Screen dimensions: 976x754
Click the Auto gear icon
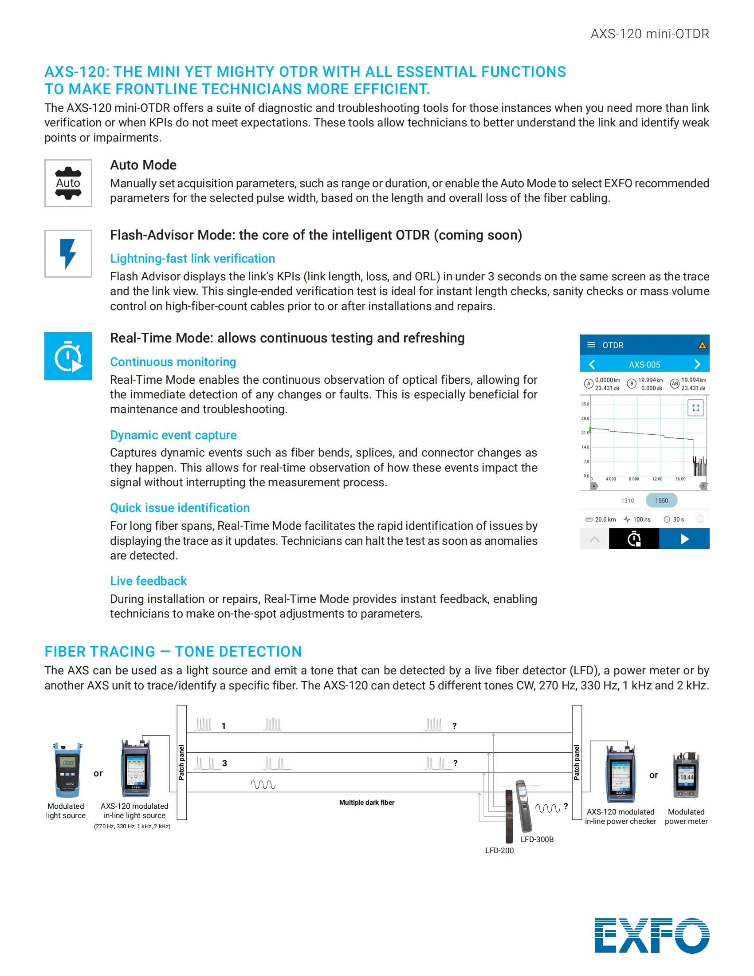coord(68,183)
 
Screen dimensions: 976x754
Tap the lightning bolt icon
coord(68,253)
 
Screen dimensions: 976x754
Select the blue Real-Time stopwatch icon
coord(68,356)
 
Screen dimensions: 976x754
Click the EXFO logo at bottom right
coord(651,935)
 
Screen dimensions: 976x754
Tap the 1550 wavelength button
coord(661,500)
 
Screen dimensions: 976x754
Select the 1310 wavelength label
coord(627,500)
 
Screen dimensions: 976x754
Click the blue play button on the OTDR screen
coord(684,539)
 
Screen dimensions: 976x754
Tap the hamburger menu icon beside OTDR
coord(591,345)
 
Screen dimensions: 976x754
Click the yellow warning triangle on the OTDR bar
coord(702,345)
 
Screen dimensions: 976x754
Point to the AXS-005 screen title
coord(644,365)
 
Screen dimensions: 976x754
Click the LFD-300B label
coord(537,839)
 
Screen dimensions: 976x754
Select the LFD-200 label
coord(499,850)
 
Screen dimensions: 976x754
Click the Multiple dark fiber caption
coord(367,803)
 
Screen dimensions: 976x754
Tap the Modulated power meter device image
coord(686,775)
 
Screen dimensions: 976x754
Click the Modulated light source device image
coord(68,770)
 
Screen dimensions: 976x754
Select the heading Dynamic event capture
coord(173,435)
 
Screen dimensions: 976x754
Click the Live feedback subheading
coord(148,581)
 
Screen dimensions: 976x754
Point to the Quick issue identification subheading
coord(180,508)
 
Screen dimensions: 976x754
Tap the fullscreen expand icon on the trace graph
coord(695,408)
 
